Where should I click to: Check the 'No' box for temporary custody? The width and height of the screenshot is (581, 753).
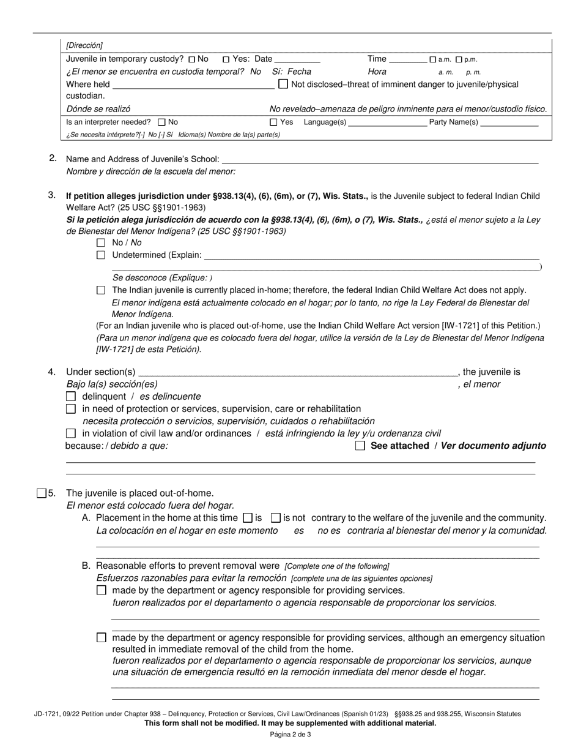pyautogui.click(x=193, y=59)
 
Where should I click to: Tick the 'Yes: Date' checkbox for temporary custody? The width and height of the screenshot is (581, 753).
pyautogui.click(x=226, y=59)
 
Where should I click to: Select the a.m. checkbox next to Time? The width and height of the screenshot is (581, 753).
pyautogui.click(x=432, y=59)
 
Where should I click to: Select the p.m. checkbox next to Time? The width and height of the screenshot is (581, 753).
pyautogui.click(x=460, y=59)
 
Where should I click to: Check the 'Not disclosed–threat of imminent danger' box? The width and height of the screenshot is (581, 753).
pyautogui.click(x=283, y=84)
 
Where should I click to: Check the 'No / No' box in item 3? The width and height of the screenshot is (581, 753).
pyautogui.click(x=102, y=243)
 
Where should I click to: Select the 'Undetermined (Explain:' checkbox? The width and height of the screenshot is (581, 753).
pyautogui.click(x=102, y=255)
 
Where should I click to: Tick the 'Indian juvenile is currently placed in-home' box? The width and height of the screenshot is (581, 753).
pyautogui.click(x=102, y=290)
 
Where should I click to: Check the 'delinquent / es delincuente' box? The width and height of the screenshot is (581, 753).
pyautogui.click(x=70, y=397)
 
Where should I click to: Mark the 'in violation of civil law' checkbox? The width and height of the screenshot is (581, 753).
pyautogui.click(x=70, y=433)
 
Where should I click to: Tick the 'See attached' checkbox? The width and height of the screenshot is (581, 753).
pyautogui.click(x=360, y=446)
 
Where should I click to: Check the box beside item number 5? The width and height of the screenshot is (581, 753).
pyautogui.click(x=42, y=493)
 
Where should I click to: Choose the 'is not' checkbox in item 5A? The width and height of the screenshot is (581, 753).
pyautogui.click(x=275, y=518)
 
